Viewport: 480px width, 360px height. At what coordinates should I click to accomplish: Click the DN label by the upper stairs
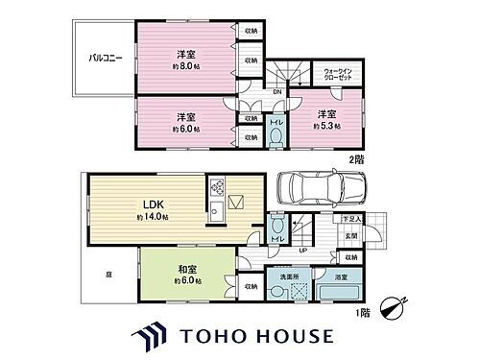276,92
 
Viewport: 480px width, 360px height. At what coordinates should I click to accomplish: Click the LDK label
155,204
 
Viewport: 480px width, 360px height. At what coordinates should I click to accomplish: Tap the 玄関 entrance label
351,236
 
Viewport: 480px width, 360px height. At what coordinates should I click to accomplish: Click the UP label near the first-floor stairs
303,251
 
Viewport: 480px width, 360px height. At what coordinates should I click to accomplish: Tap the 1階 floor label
362,314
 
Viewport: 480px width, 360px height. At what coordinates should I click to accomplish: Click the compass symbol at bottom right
392,308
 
